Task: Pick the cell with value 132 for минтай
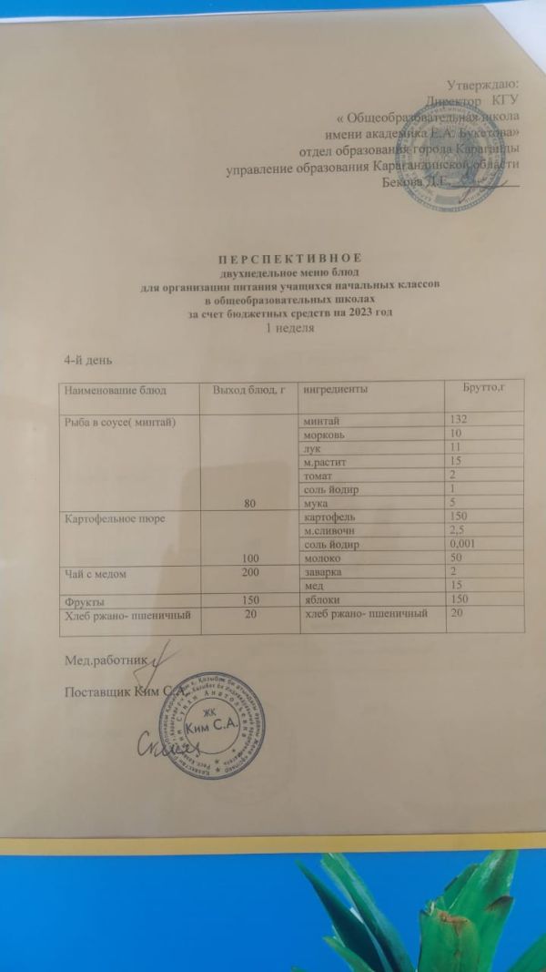point(463,419)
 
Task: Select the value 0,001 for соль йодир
point(468,544)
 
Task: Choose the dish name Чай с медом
point(93,571)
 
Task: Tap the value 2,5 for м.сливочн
point(461,530)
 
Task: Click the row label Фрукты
point(83,601)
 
